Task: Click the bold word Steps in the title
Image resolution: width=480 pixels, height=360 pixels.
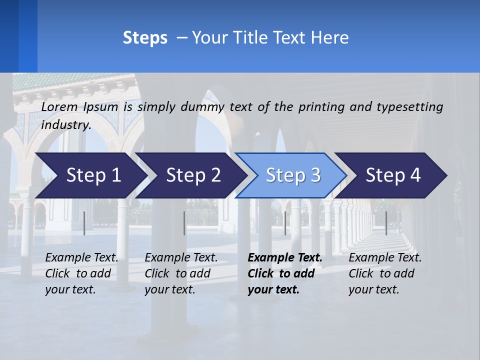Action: point(145,38)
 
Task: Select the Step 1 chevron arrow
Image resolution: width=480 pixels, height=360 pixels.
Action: point(90,175)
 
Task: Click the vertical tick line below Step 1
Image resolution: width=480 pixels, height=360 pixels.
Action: point(84,223)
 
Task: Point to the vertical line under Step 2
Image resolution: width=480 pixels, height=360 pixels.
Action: point(184,223)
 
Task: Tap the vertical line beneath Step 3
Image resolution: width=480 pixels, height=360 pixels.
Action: point(285,223)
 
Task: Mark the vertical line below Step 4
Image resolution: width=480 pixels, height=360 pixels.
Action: point(386,223)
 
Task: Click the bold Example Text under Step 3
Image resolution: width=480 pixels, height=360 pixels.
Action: point(285,273)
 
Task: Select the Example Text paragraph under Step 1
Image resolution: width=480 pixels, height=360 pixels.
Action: point(81,273)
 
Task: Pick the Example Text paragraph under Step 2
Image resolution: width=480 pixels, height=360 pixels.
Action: point(181,273)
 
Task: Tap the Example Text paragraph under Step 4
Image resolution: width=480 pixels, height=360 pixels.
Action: point(385,273)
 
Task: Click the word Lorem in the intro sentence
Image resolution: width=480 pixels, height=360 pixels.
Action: point(59,106)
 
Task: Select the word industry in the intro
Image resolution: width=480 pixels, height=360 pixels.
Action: point(66,125)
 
